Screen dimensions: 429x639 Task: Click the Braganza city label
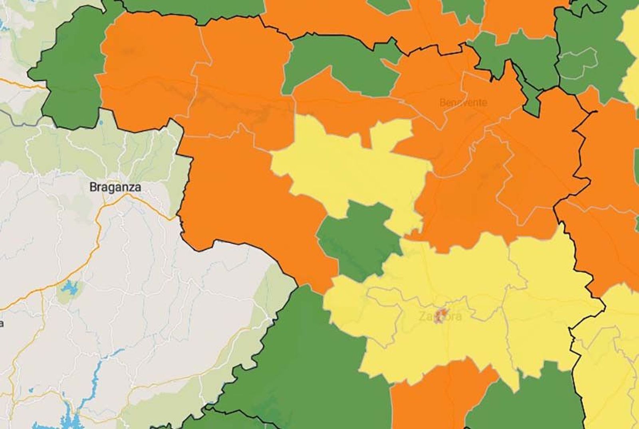115,187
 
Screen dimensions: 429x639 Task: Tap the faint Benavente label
463,103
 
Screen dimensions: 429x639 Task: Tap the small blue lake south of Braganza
69,288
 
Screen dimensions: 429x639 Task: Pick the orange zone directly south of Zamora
435,395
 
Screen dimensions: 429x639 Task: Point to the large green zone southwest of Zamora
308,359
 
